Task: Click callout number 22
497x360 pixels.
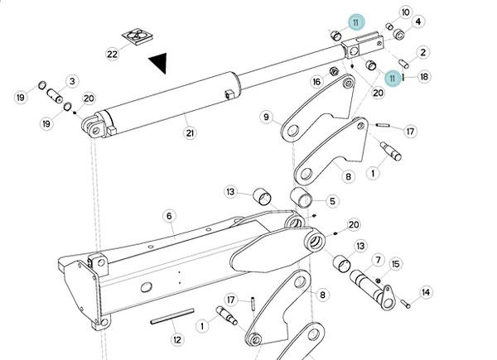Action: point(113,55)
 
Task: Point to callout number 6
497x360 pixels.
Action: point(169,216)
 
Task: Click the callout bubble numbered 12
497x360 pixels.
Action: point(176,338)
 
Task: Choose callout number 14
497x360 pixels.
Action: point(427,292)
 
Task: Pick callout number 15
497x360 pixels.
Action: point(395,264)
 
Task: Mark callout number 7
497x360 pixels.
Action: point(378,260)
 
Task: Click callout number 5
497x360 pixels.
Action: point(332,200)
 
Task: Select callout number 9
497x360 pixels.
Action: point(267,118)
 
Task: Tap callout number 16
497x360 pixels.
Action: point(316,82)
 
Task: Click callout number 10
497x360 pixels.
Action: point(405,12)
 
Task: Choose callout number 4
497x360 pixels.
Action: point(417,22)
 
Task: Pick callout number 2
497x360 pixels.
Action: point(422,52)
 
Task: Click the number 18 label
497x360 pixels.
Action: point(424,77)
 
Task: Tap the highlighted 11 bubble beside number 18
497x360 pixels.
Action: point(393,77)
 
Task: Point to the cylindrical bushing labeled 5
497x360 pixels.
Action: point(301,199)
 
